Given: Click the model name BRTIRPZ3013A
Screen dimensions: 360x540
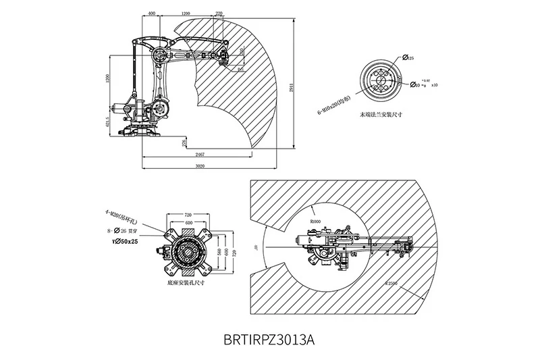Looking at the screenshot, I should tap(268, 338).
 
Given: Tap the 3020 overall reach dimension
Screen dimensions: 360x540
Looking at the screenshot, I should tap(200, 165).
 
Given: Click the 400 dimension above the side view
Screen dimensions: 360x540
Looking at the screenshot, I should tap(151, 13).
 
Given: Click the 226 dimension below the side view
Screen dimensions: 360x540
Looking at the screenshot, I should tap(184, 143).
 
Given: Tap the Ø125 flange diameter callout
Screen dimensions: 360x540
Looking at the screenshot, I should tap(408, 59).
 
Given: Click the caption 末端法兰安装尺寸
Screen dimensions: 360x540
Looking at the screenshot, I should tap(381, 115).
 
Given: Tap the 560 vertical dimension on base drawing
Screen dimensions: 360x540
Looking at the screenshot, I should tap(218, 252).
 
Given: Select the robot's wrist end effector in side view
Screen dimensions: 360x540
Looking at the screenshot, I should tap(222, 57).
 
